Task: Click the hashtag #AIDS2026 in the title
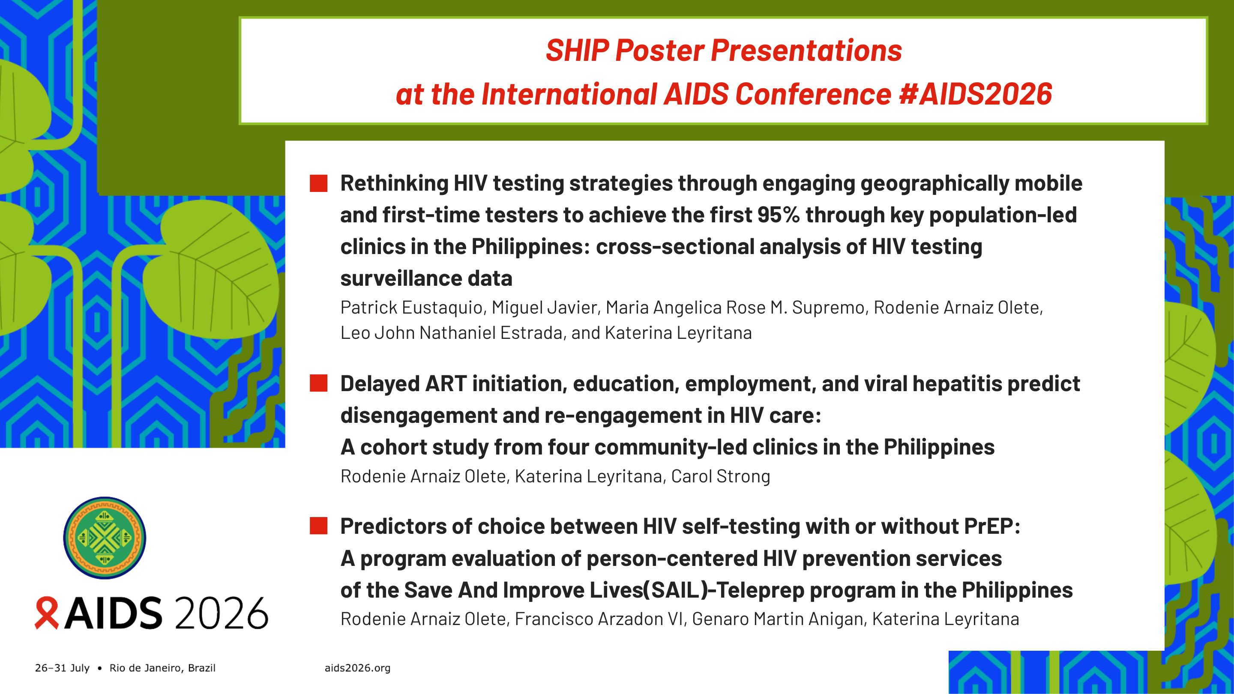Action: click(976, 94)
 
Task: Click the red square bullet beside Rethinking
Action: click(318, 183)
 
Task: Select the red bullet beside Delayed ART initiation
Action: click(318, 383)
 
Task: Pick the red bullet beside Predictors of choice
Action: click(318, 526)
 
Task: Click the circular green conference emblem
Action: click(105, 538)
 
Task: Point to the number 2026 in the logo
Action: click(222, 613)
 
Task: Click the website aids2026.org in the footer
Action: click(357, 668)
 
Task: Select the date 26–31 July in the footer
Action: click(62, 668)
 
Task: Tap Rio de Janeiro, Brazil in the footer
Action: click(162, 668)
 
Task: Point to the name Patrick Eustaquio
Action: click(411, 308)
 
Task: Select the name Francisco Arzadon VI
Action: click(599, 619)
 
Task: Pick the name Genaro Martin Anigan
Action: click(778, 619)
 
